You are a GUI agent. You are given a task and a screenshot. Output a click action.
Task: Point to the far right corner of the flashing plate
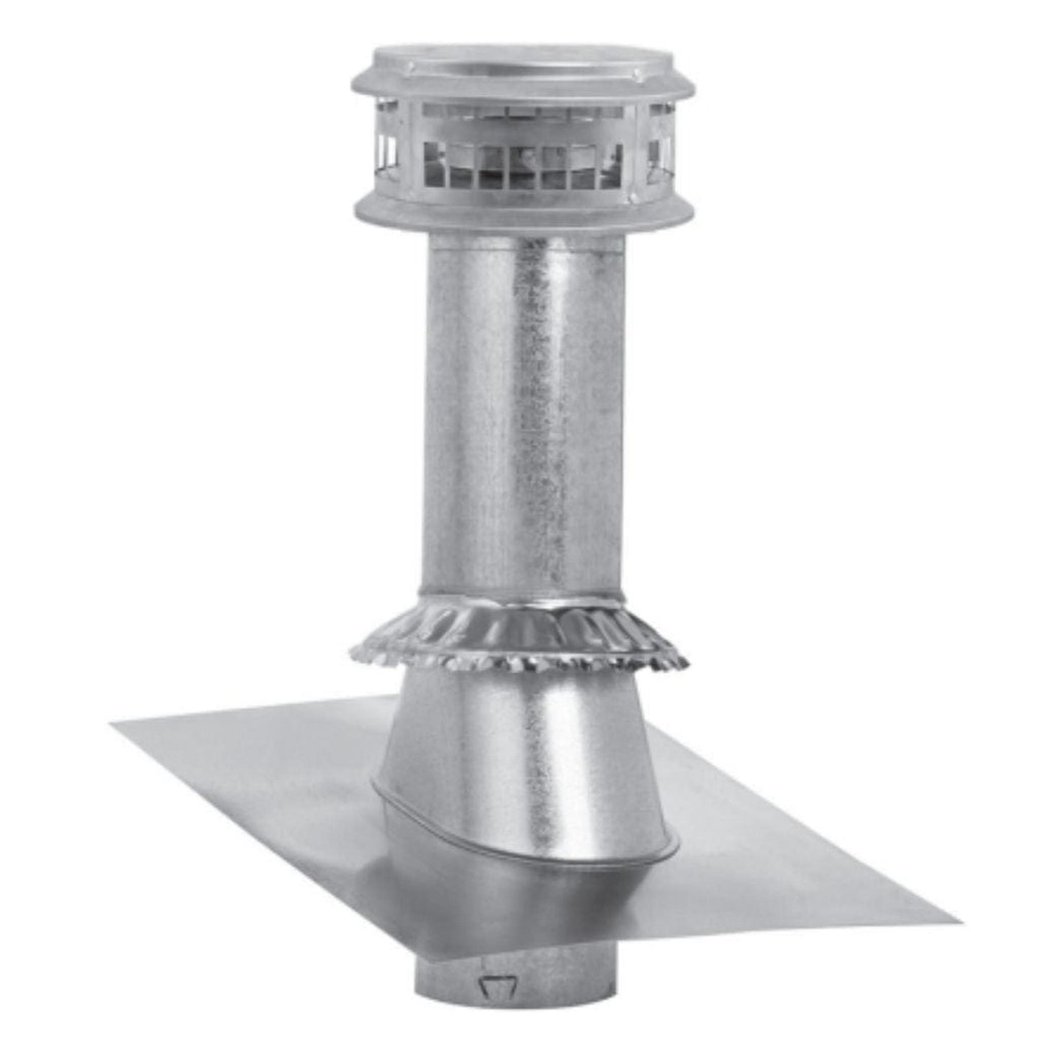(x=961, y=920)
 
